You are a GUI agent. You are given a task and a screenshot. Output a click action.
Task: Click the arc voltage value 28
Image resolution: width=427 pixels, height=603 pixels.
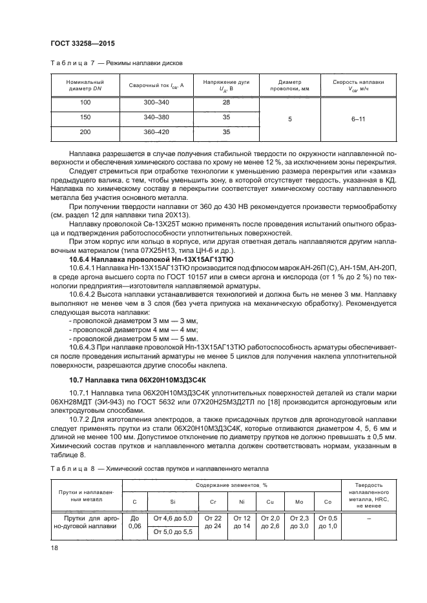pos(226,103)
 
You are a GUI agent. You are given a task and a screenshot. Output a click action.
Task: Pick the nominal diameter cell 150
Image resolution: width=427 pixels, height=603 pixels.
pos(85,117)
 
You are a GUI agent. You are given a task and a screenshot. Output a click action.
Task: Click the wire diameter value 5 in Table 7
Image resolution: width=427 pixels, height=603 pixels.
pos(289,118)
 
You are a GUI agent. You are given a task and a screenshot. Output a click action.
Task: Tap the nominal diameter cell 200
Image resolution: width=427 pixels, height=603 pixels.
pos(85,132)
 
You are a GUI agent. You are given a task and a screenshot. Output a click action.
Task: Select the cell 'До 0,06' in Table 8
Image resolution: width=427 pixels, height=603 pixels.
pos(135,523)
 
